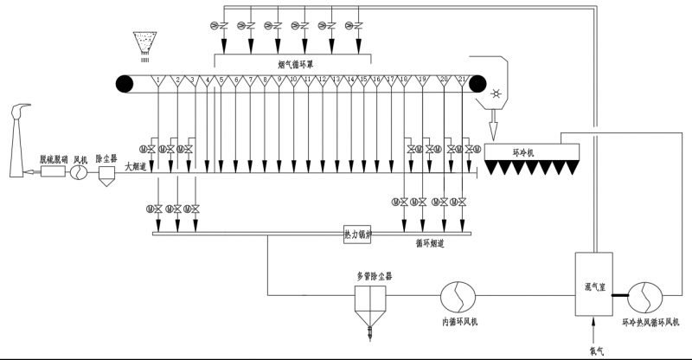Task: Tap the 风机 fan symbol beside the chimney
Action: (80, 173)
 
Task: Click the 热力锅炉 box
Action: (357, 234)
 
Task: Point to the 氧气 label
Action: (594, 350)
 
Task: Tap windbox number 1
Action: (158, 83)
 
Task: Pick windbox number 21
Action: (463, 82)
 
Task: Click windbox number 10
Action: (294, 83)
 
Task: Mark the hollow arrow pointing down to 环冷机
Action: (495, 128)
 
